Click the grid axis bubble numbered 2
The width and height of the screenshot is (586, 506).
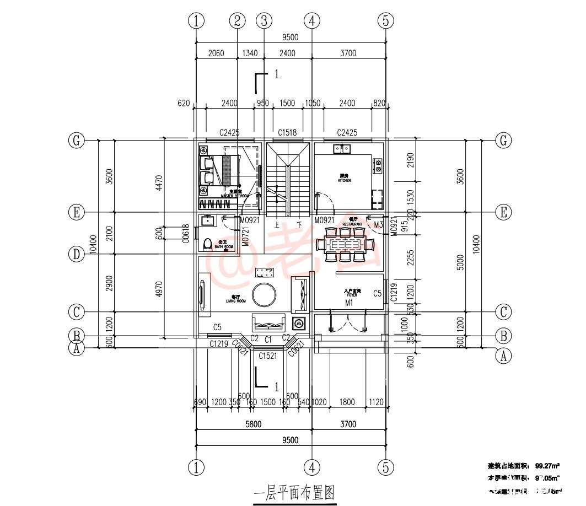(238, 21)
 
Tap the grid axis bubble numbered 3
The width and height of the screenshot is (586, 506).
(264, 21)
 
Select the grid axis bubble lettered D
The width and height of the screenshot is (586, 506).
(76, 254)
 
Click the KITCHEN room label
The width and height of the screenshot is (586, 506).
(345, 178)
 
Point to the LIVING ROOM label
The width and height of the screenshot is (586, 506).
(235, 299)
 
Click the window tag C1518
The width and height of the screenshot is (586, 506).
(287, 132)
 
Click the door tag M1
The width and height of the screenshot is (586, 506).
(349, 303)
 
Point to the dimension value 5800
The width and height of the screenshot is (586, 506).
(253, 424)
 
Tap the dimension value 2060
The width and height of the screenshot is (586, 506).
(216, 53)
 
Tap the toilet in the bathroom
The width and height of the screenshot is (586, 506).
(207, 244)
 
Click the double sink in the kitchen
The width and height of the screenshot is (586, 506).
(342, 148)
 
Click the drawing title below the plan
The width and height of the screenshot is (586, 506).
(294, 492)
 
